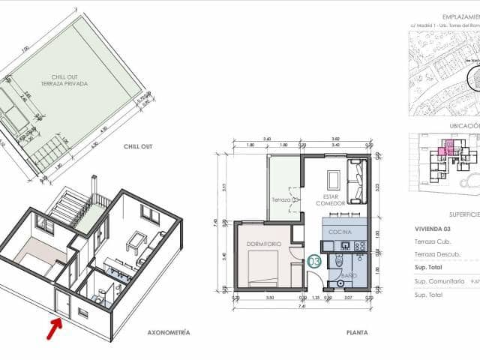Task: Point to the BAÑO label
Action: point(349,276)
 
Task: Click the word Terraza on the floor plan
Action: point(280,199)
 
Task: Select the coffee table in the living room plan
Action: point(334,180)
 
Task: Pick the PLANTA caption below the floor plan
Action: point(356,331)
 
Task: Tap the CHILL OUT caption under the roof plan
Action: point(138,147)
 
